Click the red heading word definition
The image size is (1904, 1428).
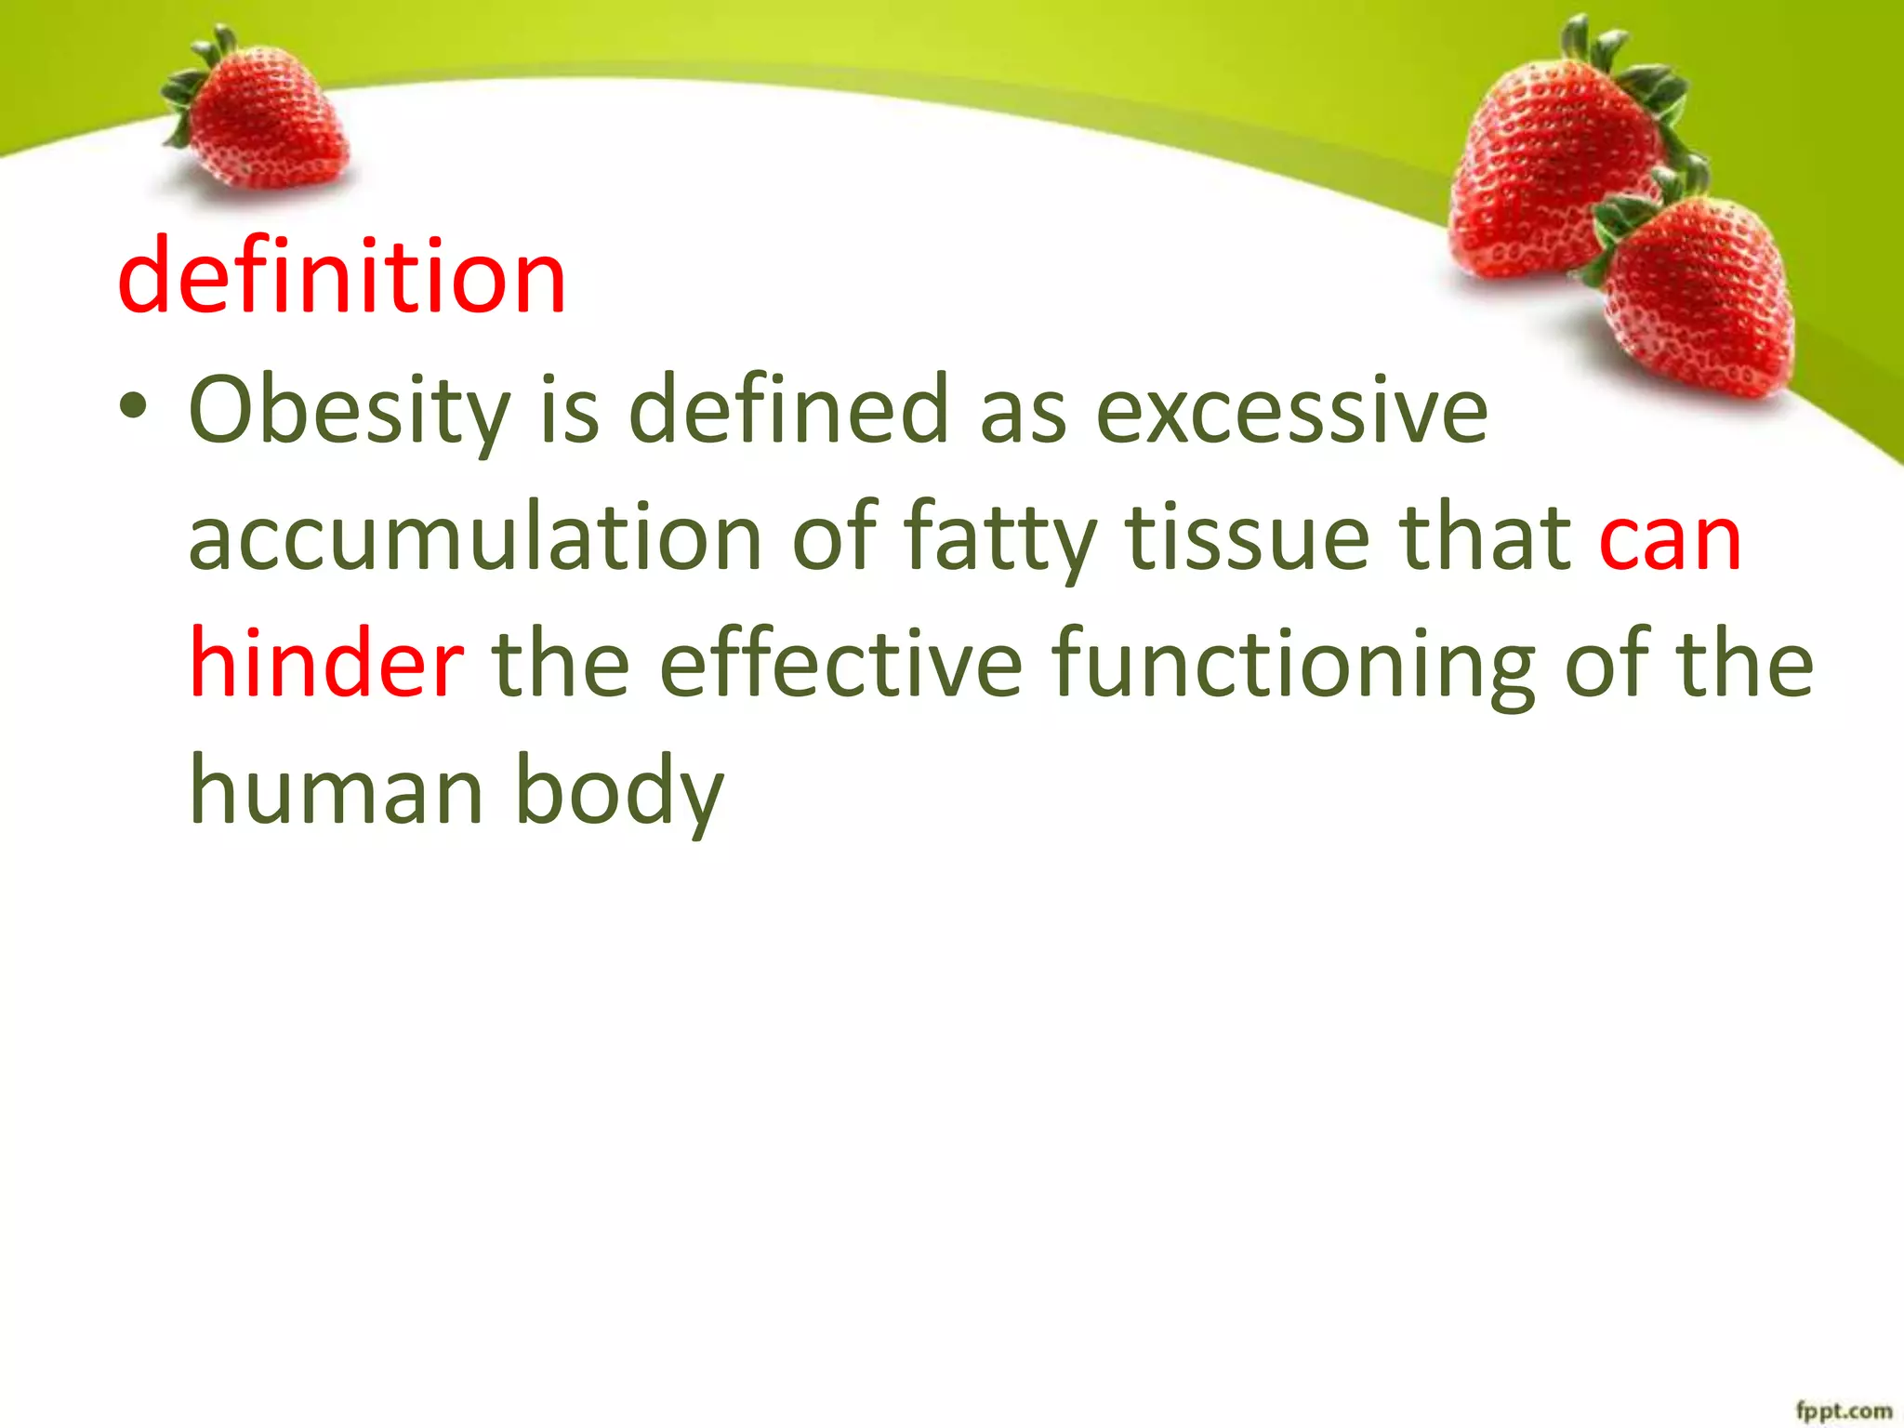[x=341, y=276]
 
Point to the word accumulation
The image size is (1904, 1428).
[x=475, y=538]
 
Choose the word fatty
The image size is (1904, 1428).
[x=999, y=538]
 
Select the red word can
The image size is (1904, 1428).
[x=1669, y=538]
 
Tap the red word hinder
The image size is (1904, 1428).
[x=326, y=664]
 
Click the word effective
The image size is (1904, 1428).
[x=841, y=664]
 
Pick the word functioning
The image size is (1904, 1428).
[x=1293, y=664]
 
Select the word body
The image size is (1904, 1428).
[x=618, y=791]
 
